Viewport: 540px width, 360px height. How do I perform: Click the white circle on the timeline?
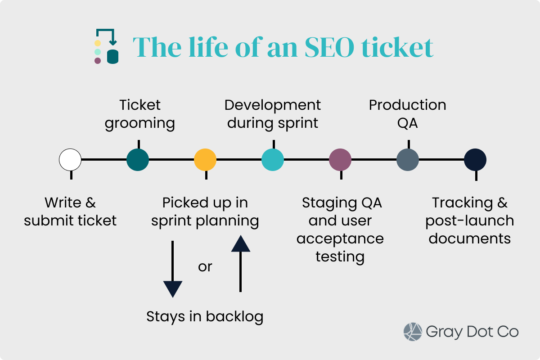pos(70,160)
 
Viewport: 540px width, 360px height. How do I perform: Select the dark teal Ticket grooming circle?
pos(138,160)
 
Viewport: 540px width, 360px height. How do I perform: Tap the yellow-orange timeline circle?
pos(205,160)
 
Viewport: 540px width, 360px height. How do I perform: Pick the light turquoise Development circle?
pos(273,160)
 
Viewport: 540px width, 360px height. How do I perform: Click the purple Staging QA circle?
pos(340,160)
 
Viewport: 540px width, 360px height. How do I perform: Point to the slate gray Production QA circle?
pos(408,160)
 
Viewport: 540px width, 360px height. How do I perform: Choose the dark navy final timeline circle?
pos(475,160)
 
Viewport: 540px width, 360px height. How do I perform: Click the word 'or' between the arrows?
pos(205,267)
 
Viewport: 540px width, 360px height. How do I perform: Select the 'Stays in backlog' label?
pos(205,317)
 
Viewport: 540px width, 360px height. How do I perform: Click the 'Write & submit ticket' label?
pos(70,211)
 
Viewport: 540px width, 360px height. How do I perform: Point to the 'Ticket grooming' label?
pos(140,114)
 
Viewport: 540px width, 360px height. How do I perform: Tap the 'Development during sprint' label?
pos(273,114)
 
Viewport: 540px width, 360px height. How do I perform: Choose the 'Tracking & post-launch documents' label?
pos(470,220)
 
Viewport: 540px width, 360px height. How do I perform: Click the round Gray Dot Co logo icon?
pos(413,332)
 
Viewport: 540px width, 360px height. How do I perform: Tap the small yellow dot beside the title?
pos(98,43)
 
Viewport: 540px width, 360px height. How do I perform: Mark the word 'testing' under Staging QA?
pos(340,256)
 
